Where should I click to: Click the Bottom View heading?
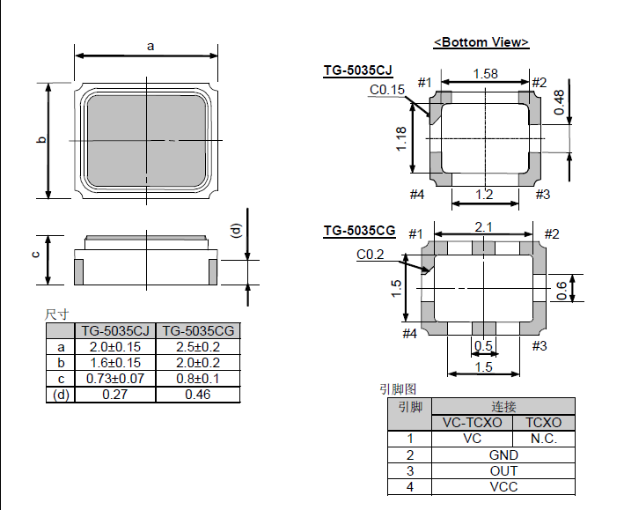(x=481, y=42)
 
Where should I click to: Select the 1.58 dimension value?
(x=485, y=74)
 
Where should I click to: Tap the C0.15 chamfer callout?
(x=387, y=90)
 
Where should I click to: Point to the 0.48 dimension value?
(x=559, y=102)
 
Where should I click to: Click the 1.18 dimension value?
(x=401, y=138)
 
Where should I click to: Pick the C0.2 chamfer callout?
(x=371, y=255)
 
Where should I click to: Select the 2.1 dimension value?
(x=483, y=227)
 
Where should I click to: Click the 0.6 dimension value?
(x=562, y=291)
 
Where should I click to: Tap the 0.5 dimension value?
(x=483, y=345)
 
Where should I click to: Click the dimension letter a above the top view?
(x=150, y=46)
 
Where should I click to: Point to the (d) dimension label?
(x=237, y=231)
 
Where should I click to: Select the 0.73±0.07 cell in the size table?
(x=115, y=379)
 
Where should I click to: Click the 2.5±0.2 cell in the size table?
(x=198, y=347)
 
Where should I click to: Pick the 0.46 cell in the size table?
(x=198, y=395)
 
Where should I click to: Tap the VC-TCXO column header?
(x=473, y=422)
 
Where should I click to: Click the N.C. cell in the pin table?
(x=544, y=439)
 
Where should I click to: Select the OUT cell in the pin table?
(x=503, y=471)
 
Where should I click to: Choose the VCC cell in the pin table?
(x=503, y=487)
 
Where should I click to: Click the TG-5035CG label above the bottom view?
(x=359, y=231)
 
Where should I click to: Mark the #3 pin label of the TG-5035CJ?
(x=542, y=195)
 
